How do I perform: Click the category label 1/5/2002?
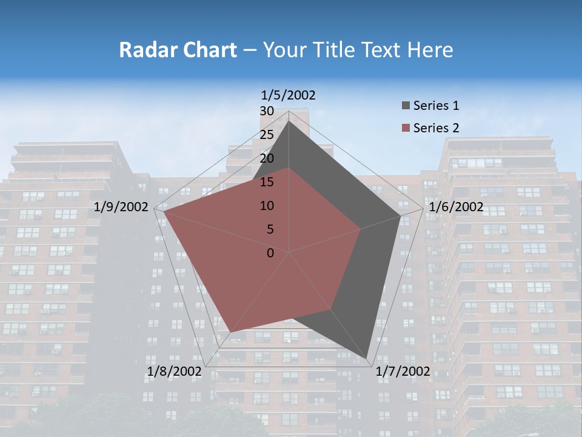point(288,95)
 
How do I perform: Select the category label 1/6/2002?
point(456,207)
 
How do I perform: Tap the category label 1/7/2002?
point(403,371)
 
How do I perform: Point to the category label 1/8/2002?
point(174,371)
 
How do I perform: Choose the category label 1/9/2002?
point(121,207)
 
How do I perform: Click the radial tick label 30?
point(267,111)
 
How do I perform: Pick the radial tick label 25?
point(267,135)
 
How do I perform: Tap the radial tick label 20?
point(267,158)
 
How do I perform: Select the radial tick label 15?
point(267,182)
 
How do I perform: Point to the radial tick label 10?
point(267,206)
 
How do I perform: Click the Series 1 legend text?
point(436,106)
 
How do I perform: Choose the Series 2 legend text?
point(436,128)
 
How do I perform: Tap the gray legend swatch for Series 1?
point(405,106)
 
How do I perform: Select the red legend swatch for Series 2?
point(405,129)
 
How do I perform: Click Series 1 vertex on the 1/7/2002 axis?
point(366,358)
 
